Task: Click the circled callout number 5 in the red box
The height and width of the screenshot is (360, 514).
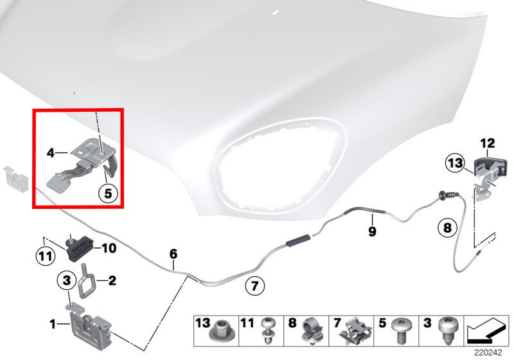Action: pyautogui.click(x=108, y=194)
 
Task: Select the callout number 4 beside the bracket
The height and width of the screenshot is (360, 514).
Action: pyautogui.click(x=51, y=153)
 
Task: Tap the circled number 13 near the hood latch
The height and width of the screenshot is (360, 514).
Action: pyautogui.click(x=456, y=163)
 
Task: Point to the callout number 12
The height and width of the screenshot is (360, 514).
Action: pyautogui.click(x=488, y=143)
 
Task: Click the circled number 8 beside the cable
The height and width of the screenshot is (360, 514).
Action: pyautogui.click(x=447, y=227)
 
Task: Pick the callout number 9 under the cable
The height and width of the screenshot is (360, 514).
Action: pyautogui.click(x=372, y=231)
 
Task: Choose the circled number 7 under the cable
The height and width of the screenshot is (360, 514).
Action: pyautogui.click(x=254, y=286)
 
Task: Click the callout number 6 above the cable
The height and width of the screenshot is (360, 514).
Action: pyautogui.click(x=173, y=254)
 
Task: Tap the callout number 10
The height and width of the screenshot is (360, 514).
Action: pyautogui.click(x=109, y=248)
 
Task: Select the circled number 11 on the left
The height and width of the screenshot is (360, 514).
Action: pyautogui.click(x=45, y=256)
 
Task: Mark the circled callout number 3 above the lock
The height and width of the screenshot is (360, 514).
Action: pyautogui.click(x=67, y=280)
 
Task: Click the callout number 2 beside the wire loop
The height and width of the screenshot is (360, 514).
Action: pyautogui.click(x=112, y=281)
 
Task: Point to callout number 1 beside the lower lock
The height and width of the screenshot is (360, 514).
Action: pyautogui.click(x=53, y=325)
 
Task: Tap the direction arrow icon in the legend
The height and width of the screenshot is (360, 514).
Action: pyautogui.click(x=486, y=331)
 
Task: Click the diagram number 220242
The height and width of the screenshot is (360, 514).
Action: pyautogui.click(x=488, y=353)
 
